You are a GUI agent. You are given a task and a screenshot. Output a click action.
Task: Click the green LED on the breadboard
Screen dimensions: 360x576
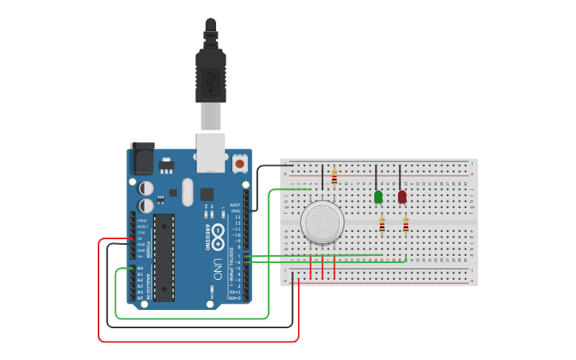378,196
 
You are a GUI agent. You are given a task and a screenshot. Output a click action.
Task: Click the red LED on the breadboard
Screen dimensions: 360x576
402,196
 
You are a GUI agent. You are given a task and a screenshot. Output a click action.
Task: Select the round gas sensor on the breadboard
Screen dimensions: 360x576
323,223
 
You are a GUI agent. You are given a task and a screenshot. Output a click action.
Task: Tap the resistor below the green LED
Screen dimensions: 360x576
382,225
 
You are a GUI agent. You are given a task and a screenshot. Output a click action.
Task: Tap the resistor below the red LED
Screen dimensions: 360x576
406,225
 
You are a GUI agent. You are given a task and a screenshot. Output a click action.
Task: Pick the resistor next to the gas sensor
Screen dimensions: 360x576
334,178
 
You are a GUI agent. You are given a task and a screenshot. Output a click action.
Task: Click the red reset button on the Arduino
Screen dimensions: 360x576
240,164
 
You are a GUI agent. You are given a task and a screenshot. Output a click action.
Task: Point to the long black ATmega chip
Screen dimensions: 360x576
164,257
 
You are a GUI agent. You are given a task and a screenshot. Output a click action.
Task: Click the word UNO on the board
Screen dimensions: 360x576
218,269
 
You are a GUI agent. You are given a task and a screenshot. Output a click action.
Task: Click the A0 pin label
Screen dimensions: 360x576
141,268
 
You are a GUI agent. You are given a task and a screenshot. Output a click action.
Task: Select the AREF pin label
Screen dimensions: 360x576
235,205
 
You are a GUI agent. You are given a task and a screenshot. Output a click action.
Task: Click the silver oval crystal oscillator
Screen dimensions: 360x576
187,192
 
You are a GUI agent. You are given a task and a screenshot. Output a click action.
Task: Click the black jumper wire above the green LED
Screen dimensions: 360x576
376,176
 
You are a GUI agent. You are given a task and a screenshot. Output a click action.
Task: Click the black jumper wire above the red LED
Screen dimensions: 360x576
400,176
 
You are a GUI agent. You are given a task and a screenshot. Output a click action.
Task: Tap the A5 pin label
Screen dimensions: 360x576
141,298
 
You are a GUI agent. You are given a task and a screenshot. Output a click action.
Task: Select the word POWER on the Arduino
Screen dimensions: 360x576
148,250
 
